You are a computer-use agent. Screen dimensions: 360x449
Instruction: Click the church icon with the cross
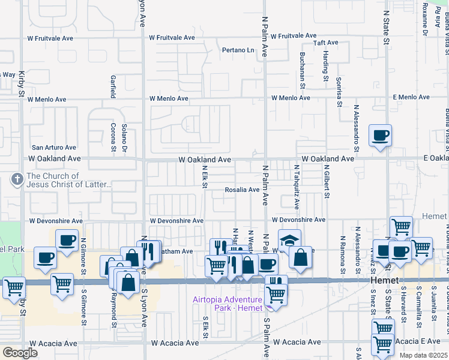17,179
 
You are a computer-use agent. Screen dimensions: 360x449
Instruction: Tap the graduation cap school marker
289,241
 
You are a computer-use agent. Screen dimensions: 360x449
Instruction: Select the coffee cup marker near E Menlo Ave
379,136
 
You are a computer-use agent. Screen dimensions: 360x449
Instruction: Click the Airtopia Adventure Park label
228,304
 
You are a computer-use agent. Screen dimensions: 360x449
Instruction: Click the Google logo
20,353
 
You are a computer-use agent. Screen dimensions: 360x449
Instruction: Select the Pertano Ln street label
239,50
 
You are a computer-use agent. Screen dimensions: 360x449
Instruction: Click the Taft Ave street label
326,43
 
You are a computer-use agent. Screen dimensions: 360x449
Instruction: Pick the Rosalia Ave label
242,190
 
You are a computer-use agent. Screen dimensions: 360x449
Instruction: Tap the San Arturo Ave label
54,147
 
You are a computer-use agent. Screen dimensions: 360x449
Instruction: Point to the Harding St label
325,66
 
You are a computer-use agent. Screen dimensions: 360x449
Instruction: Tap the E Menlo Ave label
412,97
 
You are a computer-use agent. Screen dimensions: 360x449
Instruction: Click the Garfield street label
112,86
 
